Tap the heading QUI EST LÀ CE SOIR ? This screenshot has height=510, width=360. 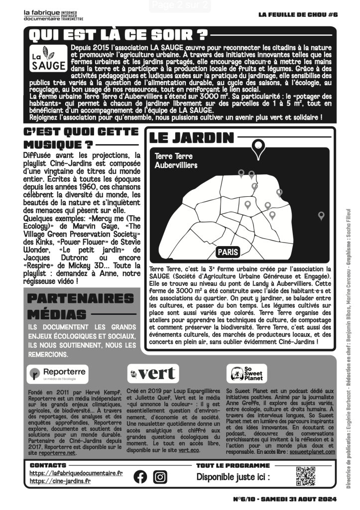tap(118, 35)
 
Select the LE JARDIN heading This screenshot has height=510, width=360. tap(192, 137)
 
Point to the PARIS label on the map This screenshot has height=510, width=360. tap(228, 252)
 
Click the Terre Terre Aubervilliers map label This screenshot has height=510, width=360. tap(176, 161)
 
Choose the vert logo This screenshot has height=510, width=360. tap(153, 373)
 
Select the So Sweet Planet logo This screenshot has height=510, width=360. tap(247, 373)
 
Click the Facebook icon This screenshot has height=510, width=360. tap(141, 477)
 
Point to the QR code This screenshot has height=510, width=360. tap(306, 476)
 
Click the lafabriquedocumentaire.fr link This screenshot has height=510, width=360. tap(76, 473)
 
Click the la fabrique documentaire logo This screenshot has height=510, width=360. tap(53, 15)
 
